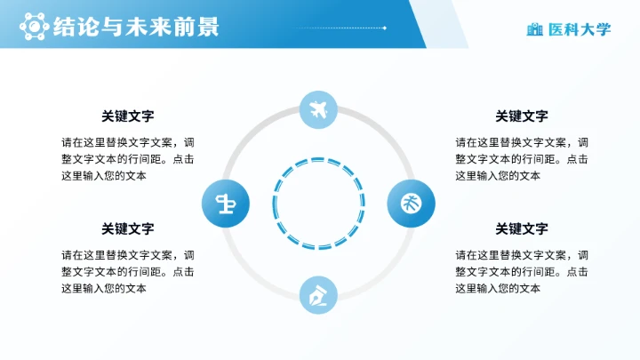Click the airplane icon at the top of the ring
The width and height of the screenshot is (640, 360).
click(x=317, y=111)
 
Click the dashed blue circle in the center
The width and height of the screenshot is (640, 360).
click(x=317, y=204)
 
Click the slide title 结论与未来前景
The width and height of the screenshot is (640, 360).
click(x=135, y=26)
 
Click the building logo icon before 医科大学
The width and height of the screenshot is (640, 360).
click(x=534, y=29)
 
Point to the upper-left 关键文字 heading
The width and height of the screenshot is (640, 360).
click(x=127, y=116)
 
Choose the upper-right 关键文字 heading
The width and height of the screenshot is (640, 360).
click(x=522, y=116)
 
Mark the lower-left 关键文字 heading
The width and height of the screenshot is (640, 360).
click(x=127, y=229)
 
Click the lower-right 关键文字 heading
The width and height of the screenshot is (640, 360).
click(x=522, y=229)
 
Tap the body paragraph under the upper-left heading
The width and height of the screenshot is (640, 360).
click(x=127, y=159)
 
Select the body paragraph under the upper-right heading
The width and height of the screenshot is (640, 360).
click(x=522, y=159)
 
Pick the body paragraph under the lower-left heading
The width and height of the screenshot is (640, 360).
click(x=127, y=271)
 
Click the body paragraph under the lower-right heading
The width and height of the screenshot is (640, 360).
click(x=522, y=271)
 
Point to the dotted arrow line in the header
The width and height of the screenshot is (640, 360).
click(x=342, y=28)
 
